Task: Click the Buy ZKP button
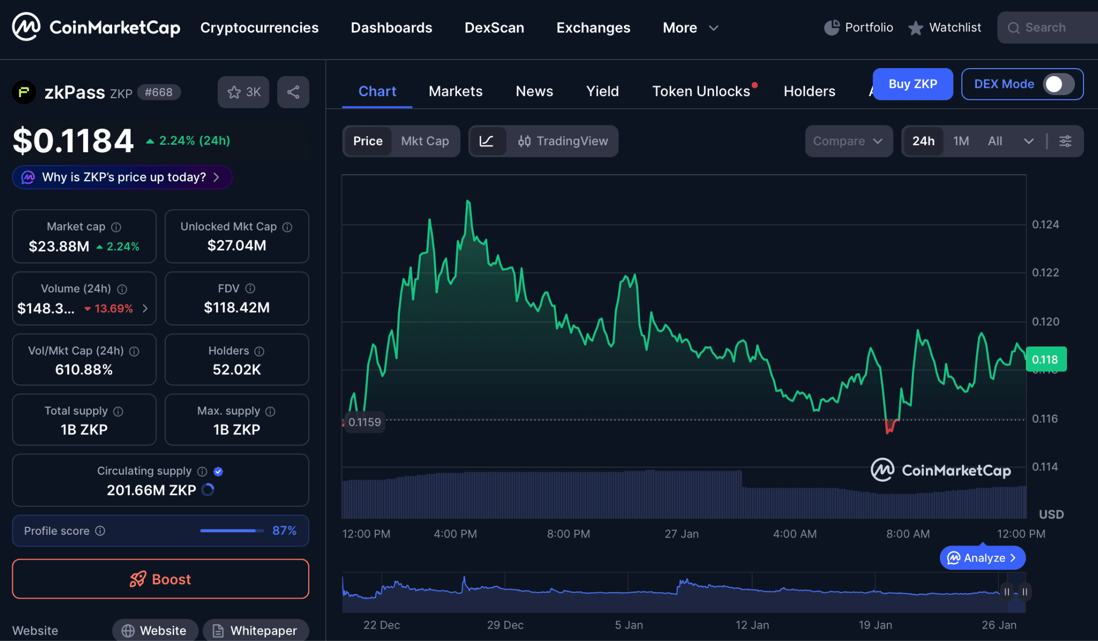pos(912,84)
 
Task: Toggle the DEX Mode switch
pos(1058,84)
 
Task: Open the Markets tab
pos(455,91)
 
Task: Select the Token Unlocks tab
pos(701,91)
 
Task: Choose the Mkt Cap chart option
pos(425,141)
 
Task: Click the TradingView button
pos(563,141)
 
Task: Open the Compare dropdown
pos(848,141)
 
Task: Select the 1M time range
pos(961,141)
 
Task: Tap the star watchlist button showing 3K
pos(243,92)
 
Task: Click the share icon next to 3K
pos(293,92)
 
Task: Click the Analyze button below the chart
pos(982,558)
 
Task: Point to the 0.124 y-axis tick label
pos(1045,224)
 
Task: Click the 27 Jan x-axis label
pos(681,534)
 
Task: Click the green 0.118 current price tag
pos(1045,359)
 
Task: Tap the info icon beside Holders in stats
pos(259,351)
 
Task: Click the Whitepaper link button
pos(256,630)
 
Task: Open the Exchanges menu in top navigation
pos(593,28)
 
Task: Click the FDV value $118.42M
pos(236,307)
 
